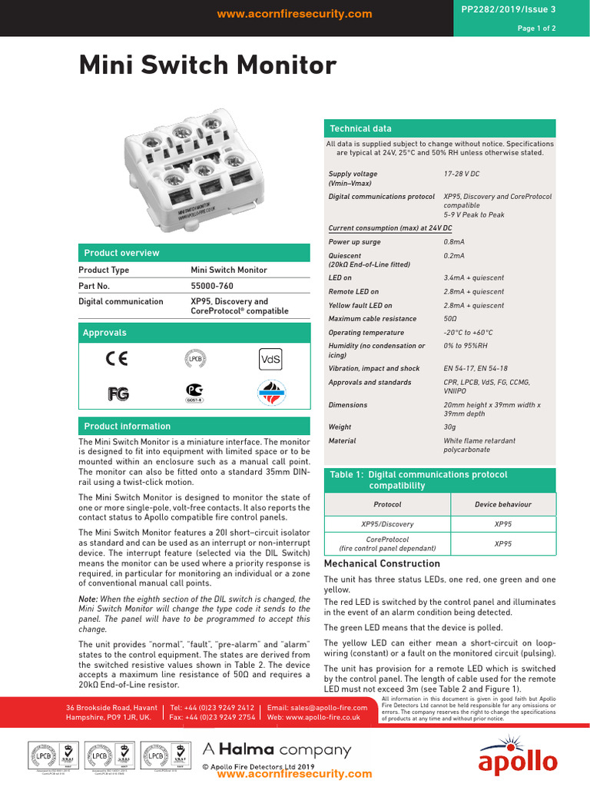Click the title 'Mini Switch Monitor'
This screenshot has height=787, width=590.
click(x=207, y=66)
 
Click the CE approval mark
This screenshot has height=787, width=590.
click(x=117, y=358)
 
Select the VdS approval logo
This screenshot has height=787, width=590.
click(x=271, y=358)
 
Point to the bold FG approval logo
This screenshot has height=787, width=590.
click(x=118, y=393)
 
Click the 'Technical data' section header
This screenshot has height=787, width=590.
click(x=360, y=128)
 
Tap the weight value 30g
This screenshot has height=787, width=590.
click(x=450, y=427)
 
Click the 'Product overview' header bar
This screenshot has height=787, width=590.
click(x=121, y=253)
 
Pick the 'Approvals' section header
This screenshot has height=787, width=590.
click(x=104, y=333)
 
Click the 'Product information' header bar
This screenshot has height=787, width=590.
click(x=127, y=426)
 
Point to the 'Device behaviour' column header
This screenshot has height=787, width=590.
click(x=502, y=504)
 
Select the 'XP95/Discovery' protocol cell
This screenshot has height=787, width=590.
click(x=387, y=524)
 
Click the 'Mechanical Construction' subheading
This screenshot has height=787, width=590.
click(x=382, y=563)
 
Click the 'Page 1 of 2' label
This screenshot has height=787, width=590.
click(x=536, y=28)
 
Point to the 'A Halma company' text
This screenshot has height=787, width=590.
click(x=277, y=750)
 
